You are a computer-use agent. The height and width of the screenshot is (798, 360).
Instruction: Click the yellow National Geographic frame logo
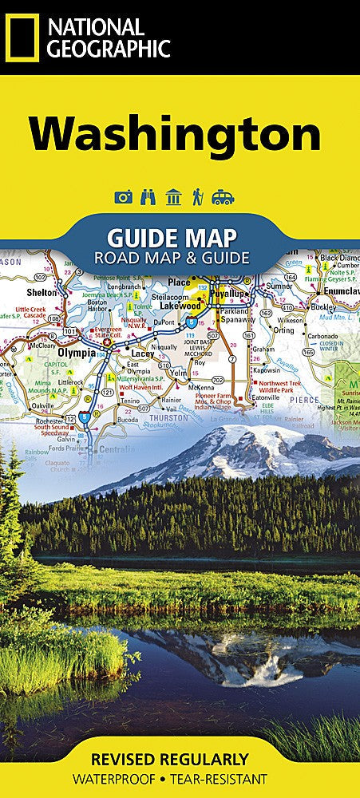click(22, 38)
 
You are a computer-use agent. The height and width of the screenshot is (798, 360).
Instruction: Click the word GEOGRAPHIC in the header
click(109, 49)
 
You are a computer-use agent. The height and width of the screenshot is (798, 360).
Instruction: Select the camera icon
click(123, 197)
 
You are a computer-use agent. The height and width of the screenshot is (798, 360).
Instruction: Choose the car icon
click(223, 197)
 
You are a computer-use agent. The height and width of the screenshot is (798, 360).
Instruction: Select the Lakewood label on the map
click(179, 305)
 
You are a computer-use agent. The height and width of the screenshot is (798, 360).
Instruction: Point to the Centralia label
click(116, 450)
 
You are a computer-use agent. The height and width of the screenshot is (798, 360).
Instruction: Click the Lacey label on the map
click(143, 353)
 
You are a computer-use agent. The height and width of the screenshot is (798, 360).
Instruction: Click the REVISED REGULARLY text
click(180, 759)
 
